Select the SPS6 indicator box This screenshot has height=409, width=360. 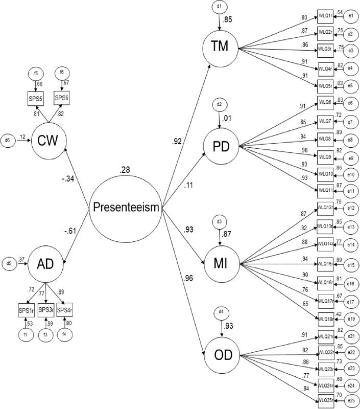coord(62,98)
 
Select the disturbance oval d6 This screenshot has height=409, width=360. coord(8,140)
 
